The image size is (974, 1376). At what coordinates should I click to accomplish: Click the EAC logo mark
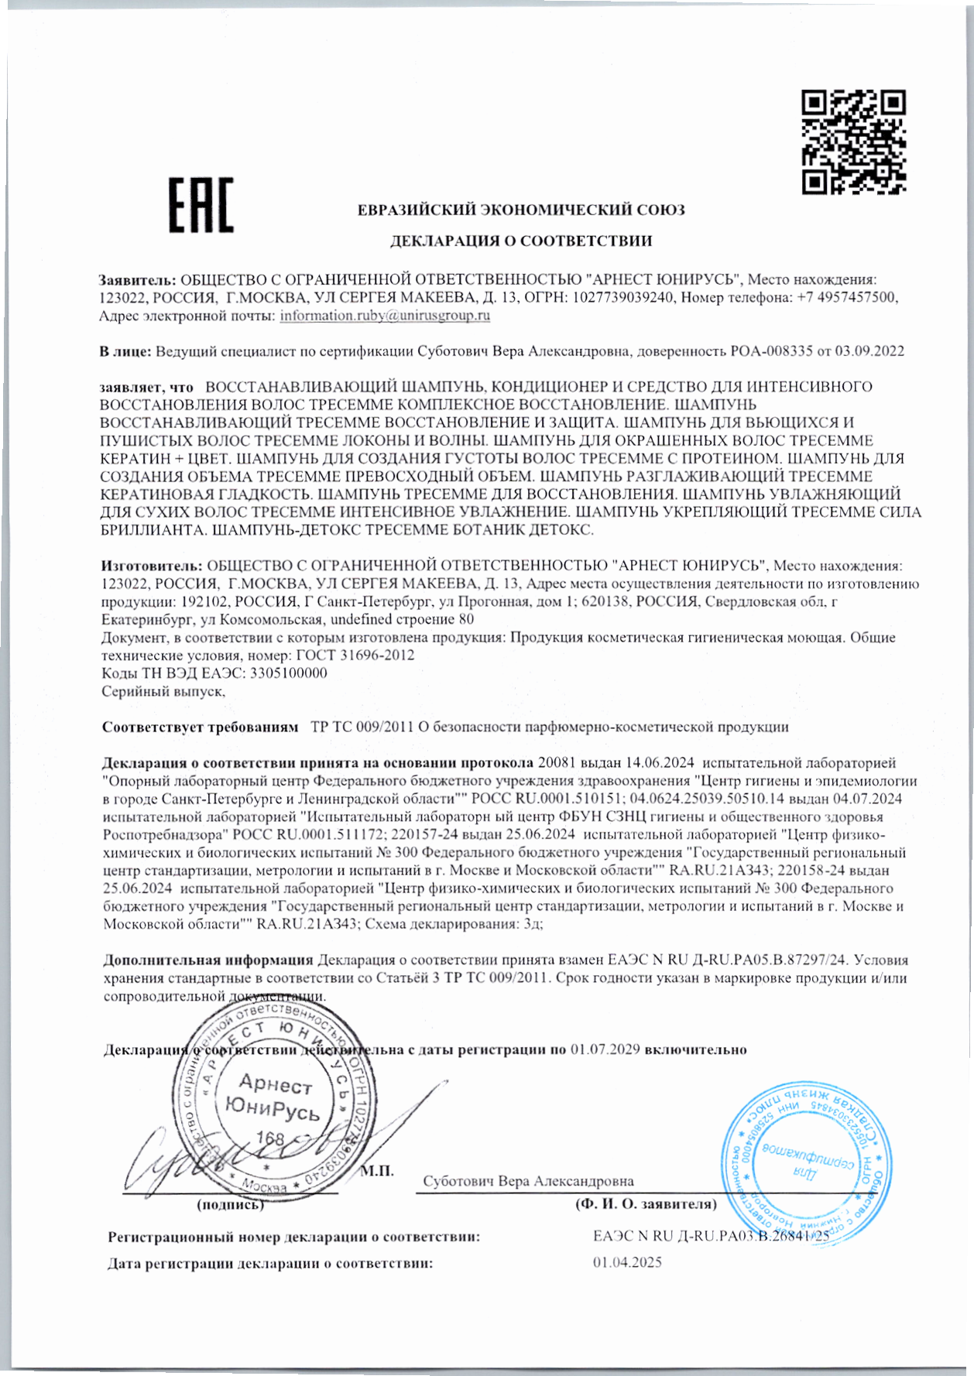coord(201,204)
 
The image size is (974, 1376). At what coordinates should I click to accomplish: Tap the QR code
coord(853,142)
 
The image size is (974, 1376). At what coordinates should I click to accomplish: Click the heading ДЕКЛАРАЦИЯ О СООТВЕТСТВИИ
coord(520,241)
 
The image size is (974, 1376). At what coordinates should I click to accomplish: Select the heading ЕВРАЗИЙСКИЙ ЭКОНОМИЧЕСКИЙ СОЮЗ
coord(520,210)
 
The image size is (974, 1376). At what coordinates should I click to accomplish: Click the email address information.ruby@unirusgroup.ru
coord(385,316)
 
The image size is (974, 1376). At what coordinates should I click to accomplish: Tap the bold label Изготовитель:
coord(152,566)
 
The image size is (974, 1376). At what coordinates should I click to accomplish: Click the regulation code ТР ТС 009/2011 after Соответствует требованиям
coord(362,727)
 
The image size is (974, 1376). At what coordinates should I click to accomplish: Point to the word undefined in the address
coord(362,620)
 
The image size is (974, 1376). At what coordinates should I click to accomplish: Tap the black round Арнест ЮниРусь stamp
coord(272,1102)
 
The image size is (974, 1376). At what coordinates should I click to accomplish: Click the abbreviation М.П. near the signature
coord(377,1171)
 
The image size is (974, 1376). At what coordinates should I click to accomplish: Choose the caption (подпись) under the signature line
coord(231,1205)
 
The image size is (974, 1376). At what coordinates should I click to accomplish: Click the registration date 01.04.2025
coord(627,1263)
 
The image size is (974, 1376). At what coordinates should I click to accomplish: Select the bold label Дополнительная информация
coord(208,960)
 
